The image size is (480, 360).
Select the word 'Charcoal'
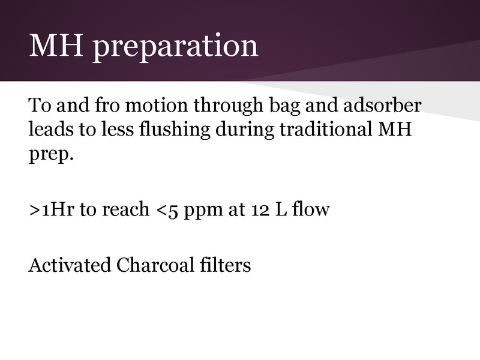point(156,265)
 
